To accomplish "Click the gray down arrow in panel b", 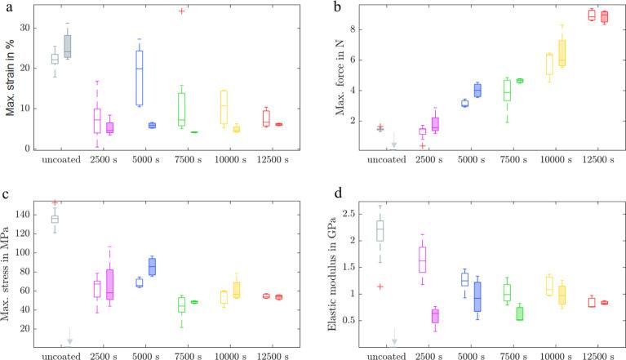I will (393, 140).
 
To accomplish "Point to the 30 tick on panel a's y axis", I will (34, 28).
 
